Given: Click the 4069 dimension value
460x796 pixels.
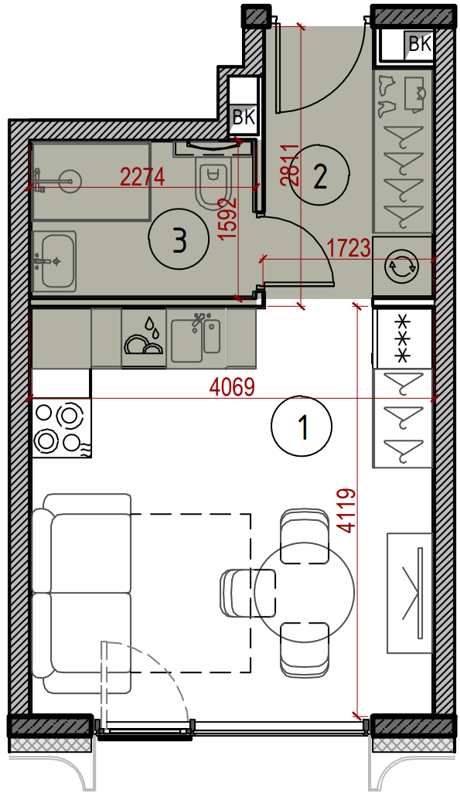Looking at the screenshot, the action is click(x=231, y=389).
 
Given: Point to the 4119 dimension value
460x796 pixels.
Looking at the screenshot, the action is click(x=347, y=511).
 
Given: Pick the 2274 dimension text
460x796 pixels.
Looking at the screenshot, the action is click(x=142, y=177).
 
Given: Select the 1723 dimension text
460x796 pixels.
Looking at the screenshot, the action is click(x=348, y=249).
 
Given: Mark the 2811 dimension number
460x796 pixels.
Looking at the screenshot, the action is click(x=290, y=165).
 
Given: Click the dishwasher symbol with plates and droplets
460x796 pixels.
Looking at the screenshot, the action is click(x=144, y=338).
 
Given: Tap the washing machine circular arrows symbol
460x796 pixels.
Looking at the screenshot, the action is click(x=401, y=266).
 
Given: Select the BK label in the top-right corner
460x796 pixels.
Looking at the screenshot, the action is click(x=420, y=44).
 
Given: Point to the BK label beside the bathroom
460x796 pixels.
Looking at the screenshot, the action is click(x=244, y=117).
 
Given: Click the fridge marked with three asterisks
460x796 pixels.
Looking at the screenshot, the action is click(x=404, y=338).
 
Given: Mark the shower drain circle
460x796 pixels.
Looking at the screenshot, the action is click(x=70, y=179).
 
